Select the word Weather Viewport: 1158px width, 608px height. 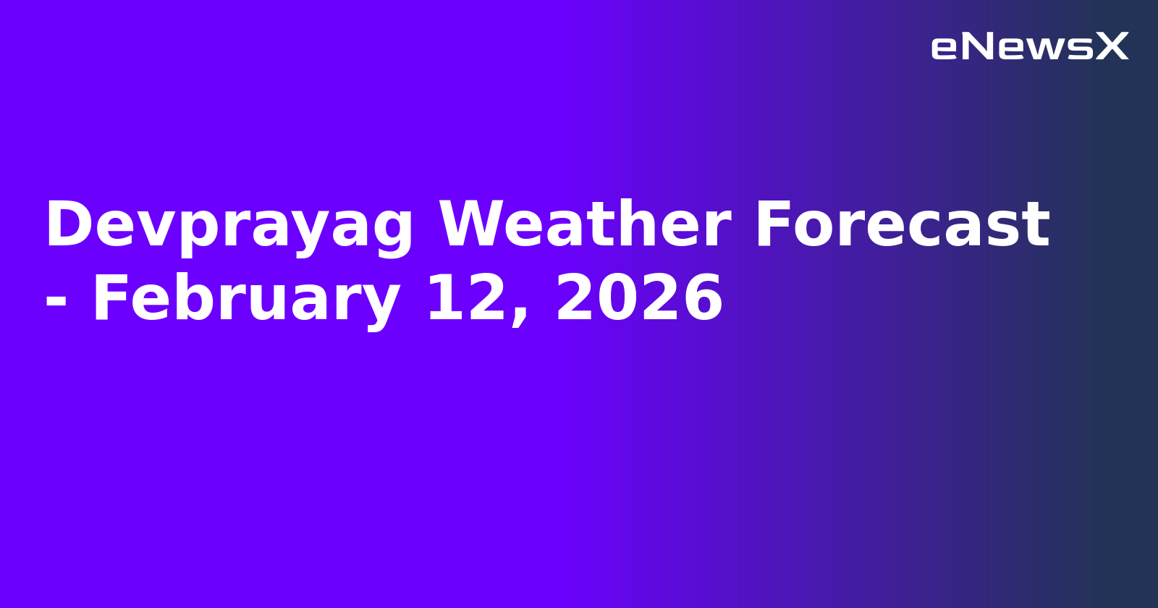584,226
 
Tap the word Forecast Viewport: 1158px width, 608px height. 901,226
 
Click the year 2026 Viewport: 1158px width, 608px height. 639,299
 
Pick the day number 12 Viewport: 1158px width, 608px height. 464,299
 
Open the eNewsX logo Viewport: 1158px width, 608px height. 1029,47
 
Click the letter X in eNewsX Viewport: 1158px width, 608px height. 1112,47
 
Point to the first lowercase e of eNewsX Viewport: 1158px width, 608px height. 944,48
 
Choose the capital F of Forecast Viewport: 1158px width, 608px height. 774,226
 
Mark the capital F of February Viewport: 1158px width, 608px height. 109,299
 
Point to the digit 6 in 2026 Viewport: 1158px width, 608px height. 702,299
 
